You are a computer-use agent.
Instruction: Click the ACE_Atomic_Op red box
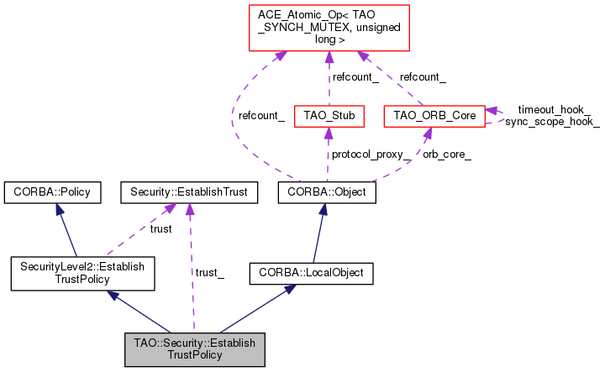point(329,28)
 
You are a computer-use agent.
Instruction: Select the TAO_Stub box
point(329,116)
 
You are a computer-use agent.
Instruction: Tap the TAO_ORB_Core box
point(434,116)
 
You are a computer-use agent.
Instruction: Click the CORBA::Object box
point(327,192)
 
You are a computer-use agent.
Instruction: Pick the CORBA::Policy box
point(52,192)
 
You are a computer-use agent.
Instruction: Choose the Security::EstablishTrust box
point(189,192)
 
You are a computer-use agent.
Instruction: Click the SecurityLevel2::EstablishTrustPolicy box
point(82,273)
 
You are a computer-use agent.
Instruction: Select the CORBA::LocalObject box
point(312,273)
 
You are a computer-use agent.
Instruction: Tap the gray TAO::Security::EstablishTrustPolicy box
point(195,349)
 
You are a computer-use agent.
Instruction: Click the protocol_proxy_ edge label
point(371,155)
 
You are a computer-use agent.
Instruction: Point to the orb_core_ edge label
point(447,155)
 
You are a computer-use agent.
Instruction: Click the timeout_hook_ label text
point(554,110)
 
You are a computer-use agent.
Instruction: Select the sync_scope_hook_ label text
point(553,122)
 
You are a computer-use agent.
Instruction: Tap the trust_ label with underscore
point(209,273)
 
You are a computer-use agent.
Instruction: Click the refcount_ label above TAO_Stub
point(355,77)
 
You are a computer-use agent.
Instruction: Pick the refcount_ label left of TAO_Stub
point(261,116)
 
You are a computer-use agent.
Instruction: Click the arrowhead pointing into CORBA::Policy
point(60,209)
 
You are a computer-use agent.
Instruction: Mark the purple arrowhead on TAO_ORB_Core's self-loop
point(492,111)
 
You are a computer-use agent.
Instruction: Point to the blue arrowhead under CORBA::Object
point(324,209)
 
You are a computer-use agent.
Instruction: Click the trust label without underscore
point(160,229)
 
